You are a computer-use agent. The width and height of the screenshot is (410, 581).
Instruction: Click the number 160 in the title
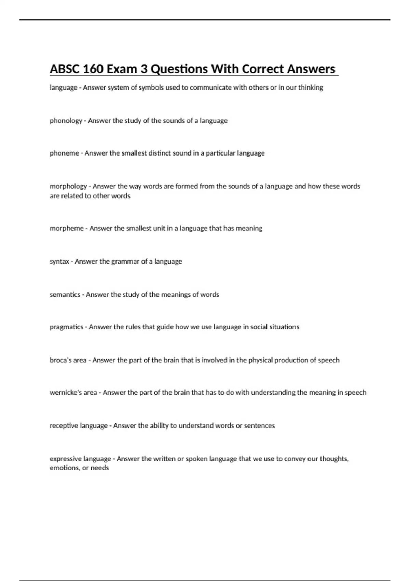click(93, 69)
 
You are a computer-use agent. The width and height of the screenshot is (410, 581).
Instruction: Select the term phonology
click(66, 121)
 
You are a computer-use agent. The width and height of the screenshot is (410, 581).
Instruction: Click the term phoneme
click(64, 153)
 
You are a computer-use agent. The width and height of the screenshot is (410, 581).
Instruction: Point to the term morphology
click(68, 186)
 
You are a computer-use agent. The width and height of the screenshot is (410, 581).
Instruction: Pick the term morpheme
click(67, 228)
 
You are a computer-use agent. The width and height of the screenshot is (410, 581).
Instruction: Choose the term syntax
click(59, 261)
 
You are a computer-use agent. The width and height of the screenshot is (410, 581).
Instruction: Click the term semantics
click(65, 295)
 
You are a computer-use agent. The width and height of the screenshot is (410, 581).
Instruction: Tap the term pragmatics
click(66, 327)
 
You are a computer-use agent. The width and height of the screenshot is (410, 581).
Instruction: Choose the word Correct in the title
click(263, 69)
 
